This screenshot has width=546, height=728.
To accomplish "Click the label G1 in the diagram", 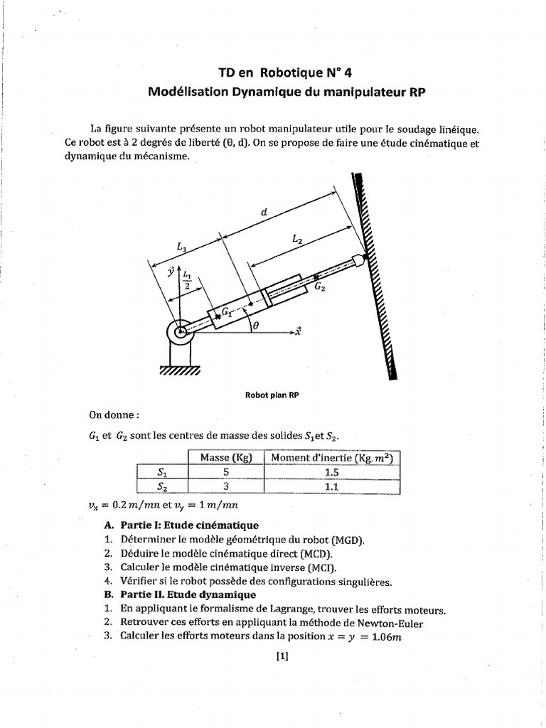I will [227, 311].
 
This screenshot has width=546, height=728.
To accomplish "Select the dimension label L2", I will [296, 240].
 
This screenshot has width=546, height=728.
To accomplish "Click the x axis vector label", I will [297, 331].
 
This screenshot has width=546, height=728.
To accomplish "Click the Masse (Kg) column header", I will [225, 457].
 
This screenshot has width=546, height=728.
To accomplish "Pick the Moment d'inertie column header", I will [331, 457].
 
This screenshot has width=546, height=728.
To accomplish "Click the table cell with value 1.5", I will [331, 471].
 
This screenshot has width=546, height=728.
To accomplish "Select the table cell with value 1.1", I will [331, 486].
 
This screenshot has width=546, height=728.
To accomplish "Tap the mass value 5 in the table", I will [225, 471].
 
